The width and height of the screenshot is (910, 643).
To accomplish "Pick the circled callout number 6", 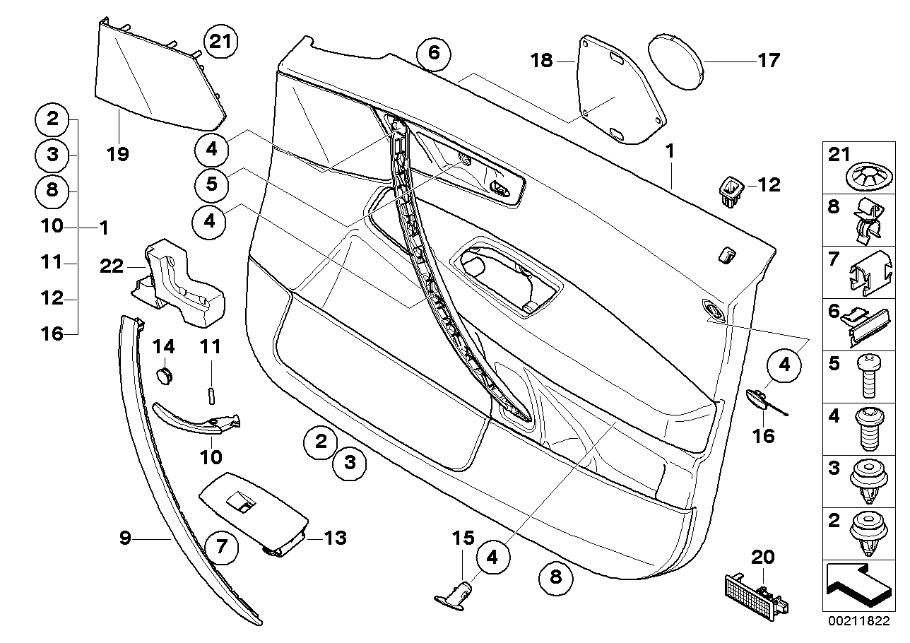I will click(x=433, y=54).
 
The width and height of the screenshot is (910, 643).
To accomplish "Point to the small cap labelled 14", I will click(x=165, y=374).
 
